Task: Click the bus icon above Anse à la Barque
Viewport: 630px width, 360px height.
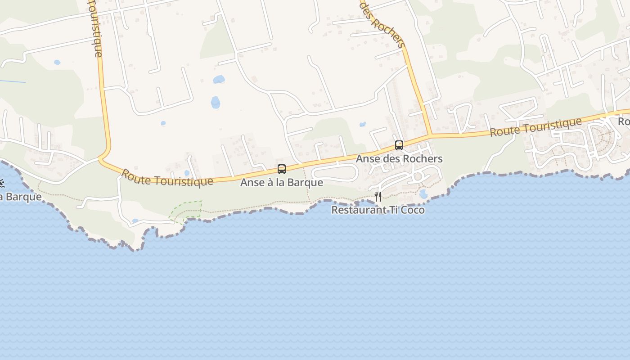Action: click(x=282, y=169)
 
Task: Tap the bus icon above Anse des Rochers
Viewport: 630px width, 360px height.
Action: click(x=399, y=145)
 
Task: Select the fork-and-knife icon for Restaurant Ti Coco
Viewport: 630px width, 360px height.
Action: click(x=378, y=197)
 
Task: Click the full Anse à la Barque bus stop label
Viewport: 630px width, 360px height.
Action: click(x=282, y=182)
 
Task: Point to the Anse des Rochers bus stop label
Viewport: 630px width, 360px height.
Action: click(x=399, y=159)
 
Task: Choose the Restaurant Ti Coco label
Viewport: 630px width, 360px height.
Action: click(x=378, y=210)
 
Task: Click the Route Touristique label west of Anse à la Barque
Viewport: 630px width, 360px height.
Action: click(x=167, y=178)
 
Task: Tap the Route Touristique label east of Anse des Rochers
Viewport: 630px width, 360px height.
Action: click(x=535, y=127)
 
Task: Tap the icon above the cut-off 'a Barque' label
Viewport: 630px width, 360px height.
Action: click(x=2, y=183)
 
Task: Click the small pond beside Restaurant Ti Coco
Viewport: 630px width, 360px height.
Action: click(x=423, y=194)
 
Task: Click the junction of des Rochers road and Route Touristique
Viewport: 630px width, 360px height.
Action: click(x=430, y=135)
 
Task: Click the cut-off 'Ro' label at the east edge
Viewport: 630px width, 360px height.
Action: click(x=624, y=121)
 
